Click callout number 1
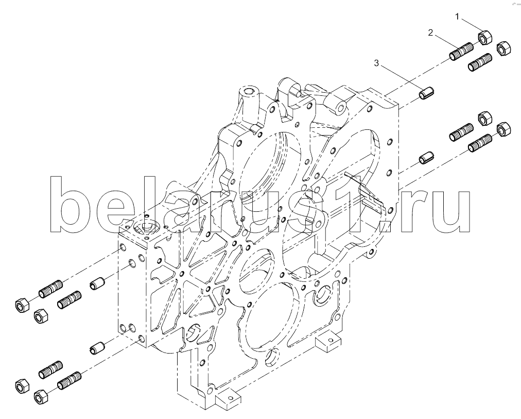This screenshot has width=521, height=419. (x=458, y=16)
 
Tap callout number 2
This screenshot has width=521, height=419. (x=430, y=32)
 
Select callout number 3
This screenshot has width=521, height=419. (x=376, y=63)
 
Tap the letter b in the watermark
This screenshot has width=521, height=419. (x=72, y=204)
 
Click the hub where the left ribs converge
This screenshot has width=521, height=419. (x=181, y=274)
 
